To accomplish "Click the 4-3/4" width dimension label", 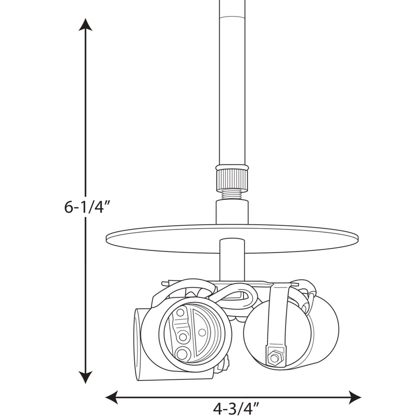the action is point(237,409).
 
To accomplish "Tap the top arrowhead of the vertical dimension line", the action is point(85,25).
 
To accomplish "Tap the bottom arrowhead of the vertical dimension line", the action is point(85,377).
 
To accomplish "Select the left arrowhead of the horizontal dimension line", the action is point(112,397).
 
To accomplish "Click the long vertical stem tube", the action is point(232,83).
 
